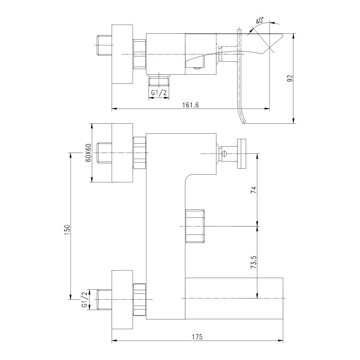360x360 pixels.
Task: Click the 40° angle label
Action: coord(260,21)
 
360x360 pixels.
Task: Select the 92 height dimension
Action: coord(290,78)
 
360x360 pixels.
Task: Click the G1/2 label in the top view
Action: coord(159,93)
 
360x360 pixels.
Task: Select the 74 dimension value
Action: coord(253,189)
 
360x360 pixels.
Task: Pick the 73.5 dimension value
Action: coord(253,262)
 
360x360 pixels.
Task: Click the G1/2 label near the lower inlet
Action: coord(84,299)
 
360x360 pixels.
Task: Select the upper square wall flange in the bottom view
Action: coord(122,153)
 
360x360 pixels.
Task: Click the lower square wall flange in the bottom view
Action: coord(122,298)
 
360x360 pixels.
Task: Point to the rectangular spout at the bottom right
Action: coord(234,298)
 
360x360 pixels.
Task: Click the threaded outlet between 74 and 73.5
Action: coord(194,225)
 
